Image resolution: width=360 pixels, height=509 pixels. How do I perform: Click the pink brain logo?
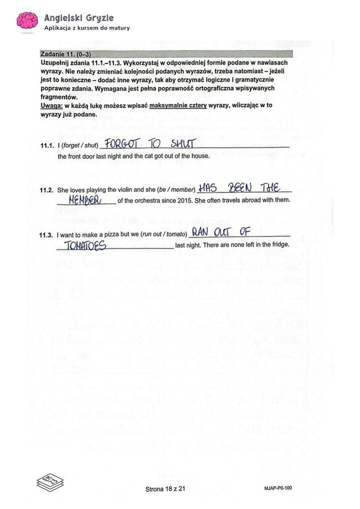(27, 20)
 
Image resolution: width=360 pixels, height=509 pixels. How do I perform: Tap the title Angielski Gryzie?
(78, 17)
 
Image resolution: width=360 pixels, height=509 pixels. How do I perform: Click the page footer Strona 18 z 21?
(165, 489)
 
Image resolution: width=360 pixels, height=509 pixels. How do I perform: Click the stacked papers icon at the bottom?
(50, 481)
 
